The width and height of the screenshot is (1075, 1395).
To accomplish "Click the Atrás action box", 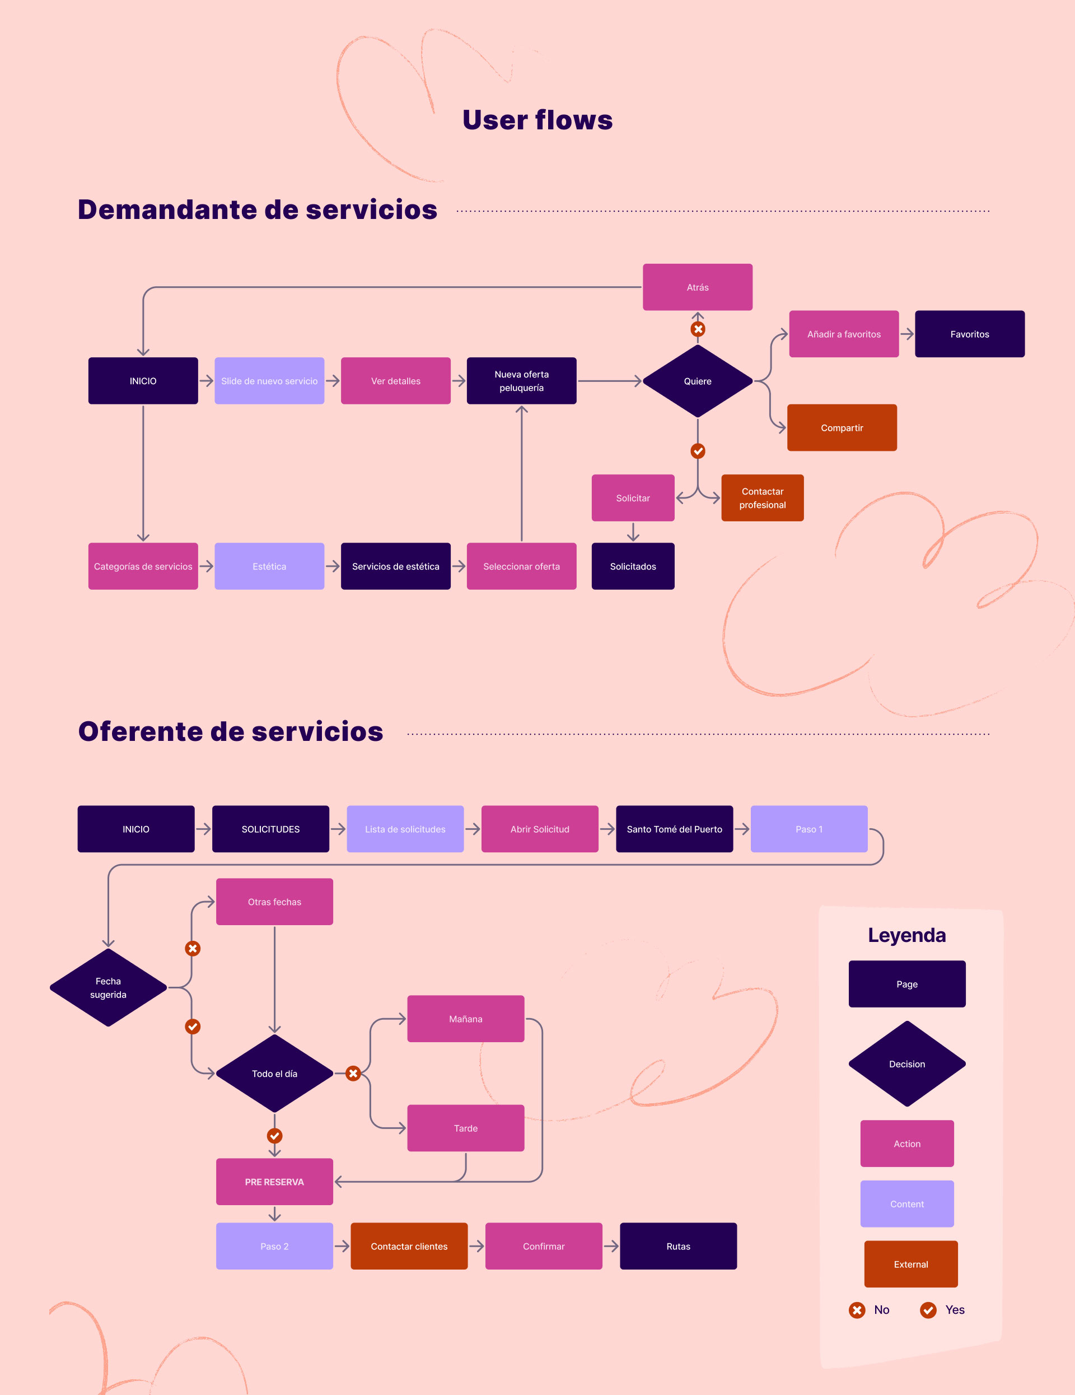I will click(697, 287).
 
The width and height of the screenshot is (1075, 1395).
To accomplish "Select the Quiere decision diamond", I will click(697, 381).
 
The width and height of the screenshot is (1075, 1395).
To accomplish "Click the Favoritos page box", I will click(969, 334).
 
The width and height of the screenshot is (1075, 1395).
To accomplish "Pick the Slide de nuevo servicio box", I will click(269, 381).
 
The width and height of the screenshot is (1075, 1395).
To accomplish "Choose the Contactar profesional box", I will click(762, 498).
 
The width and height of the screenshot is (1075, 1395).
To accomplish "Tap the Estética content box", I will click(269, 567).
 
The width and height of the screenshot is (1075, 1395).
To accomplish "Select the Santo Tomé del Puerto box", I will click(674, 829).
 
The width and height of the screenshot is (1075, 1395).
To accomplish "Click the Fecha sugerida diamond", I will click(108, 987).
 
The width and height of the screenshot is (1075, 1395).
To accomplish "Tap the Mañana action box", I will click(465, 1019).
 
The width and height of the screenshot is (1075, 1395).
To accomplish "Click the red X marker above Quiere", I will click(698, 329).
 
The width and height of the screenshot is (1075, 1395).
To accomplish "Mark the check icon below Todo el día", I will click(275, 1136).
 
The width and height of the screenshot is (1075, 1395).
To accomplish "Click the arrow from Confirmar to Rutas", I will click(611, 1246).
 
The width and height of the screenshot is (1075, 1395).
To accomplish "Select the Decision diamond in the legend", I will click(906, 1063).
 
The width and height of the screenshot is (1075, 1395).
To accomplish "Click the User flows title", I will click(537, 120).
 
